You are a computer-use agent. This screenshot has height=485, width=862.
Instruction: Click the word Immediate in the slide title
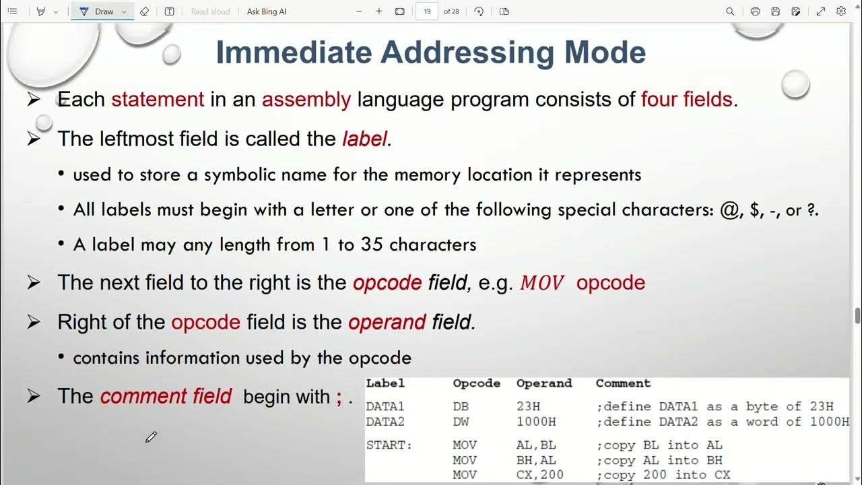[x=294, y=53]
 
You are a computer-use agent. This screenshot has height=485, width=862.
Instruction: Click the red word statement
[x=158, y=100]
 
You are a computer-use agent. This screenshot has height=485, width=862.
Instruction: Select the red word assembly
[x=306, y=100]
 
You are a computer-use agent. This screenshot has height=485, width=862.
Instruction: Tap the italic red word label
[x=365, y=139]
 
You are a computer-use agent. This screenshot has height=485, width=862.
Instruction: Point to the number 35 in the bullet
[x=372, y=245]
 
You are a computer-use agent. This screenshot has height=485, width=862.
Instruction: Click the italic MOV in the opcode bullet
[x=542, y=283]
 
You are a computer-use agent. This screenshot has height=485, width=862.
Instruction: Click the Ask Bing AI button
[x=267, y=11]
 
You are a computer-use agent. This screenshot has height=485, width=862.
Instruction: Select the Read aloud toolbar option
[x=210, y=11]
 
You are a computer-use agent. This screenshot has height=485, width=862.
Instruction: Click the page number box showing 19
[x=427, y=11]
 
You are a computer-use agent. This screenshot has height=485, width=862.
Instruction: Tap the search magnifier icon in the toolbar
[x=730, y=11]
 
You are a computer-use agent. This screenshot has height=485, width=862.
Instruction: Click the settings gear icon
[x=841, y=11]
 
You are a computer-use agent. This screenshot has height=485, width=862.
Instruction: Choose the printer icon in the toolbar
[x=755, y=11]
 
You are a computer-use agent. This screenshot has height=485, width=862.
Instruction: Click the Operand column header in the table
[x=544, y=383]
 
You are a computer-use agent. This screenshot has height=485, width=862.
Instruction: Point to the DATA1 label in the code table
[x=385, y=407]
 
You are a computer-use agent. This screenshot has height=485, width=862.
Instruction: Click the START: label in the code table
[x=389, y=445]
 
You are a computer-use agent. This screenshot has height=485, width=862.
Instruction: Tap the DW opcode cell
[x=461, y=422]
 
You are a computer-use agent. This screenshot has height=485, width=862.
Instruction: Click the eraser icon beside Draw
[x=144, y=11]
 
